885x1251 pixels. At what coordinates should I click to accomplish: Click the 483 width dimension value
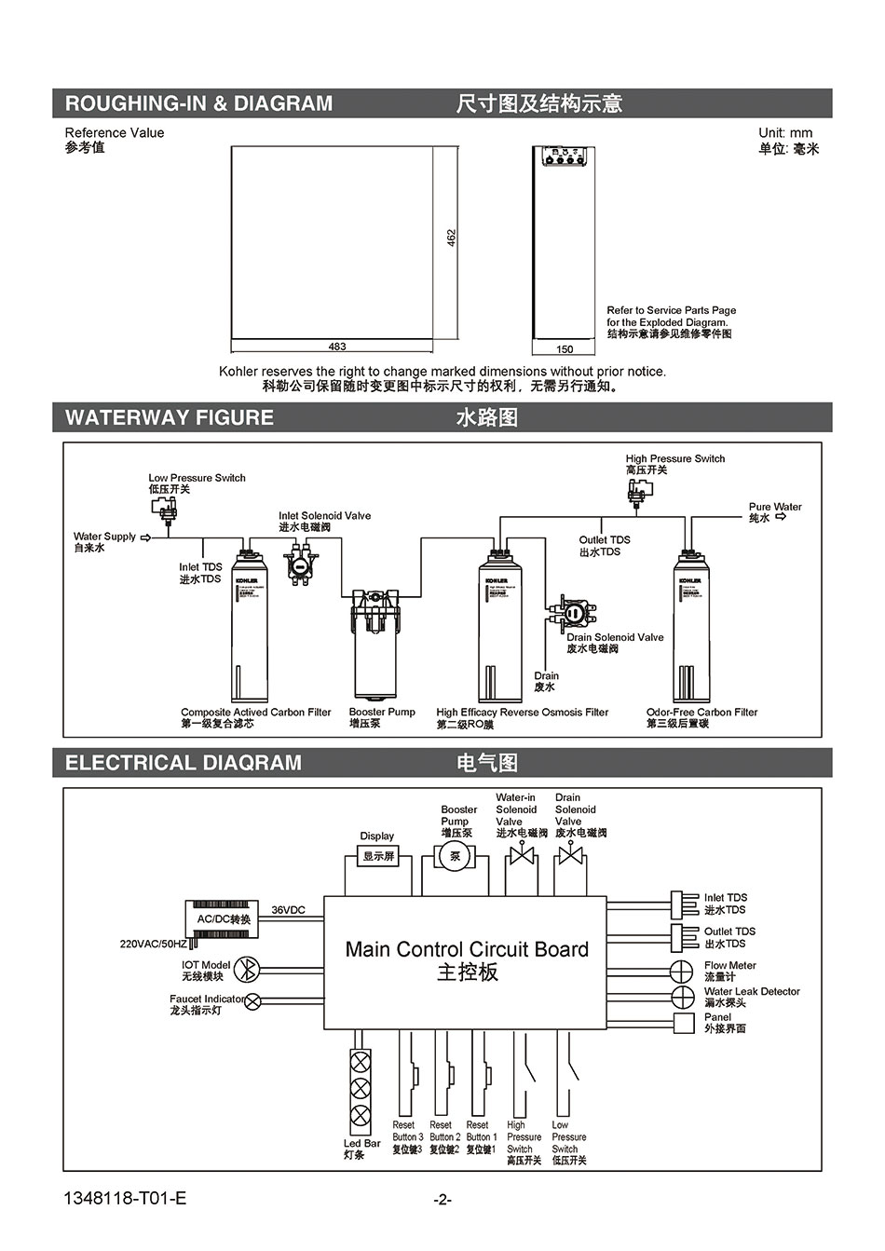click(337, 347)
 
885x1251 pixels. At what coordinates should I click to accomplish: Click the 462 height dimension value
click(451, 238)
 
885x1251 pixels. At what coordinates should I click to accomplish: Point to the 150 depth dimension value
click(565, 349)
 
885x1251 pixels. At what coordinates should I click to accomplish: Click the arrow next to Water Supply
click(145, 537)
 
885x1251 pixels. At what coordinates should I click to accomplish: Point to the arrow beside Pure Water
click(781, 517)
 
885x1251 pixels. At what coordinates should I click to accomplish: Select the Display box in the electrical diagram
click(378, 855)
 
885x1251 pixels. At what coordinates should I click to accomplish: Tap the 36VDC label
click(289, 910)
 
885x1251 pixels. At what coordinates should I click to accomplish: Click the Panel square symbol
click(684, 1023)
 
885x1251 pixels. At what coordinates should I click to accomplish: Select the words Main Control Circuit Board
click(467, 949)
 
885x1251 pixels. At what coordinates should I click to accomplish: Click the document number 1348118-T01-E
click(126, 1198)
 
